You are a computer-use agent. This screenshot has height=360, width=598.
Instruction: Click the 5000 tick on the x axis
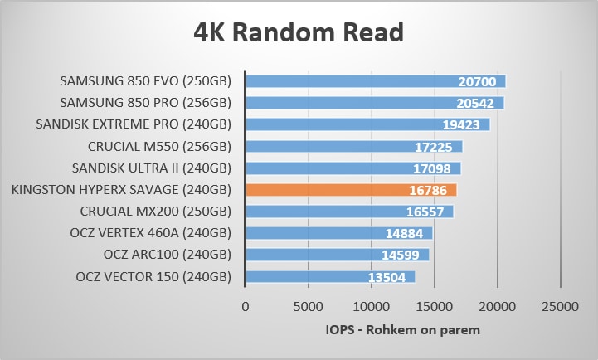(x=308, y=307)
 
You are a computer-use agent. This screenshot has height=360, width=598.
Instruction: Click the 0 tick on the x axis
(x=245, y=307)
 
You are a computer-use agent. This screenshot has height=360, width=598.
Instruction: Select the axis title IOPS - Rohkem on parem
(x=402, y=330)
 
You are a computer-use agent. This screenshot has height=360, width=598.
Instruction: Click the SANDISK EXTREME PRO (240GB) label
(x=134, y=124)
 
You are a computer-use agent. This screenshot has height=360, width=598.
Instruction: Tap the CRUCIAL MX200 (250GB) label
(x=155, y=212)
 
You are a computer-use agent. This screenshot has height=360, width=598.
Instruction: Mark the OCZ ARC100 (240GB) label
(x=167, y=255)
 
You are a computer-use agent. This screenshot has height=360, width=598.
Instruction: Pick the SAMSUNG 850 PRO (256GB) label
(x=145, y=103)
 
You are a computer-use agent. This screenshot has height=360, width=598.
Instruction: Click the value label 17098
(x=433, y=168)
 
